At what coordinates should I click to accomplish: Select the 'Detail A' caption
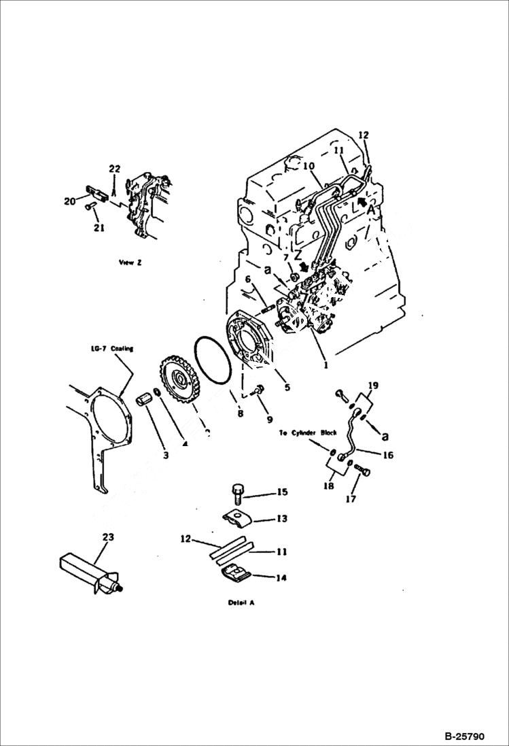243,603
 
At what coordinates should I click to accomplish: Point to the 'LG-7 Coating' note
113,349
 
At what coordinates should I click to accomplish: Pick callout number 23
107,537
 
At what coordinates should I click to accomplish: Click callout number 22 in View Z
114,169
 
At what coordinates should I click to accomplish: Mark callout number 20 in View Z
69,201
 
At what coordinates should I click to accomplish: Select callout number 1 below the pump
326,364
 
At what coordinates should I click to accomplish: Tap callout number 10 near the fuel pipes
309,166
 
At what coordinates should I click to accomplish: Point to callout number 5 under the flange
287,388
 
